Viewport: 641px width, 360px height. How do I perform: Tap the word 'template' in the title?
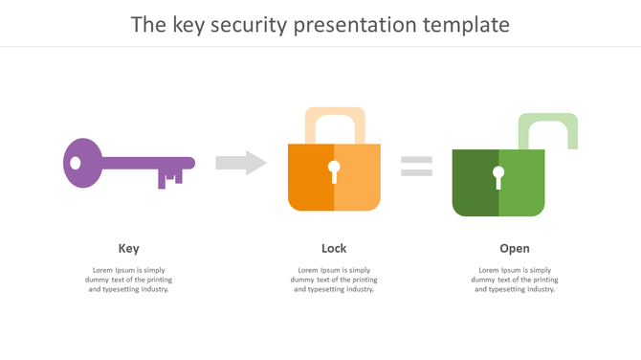click(464, 24)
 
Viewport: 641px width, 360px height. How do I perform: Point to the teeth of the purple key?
click(170, 178)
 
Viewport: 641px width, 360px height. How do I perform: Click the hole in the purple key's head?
click(76, 164)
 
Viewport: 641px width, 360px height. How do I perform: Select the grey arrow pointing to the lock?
click(241, 163)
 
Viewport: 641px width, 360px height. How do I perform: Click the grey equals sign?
click(416, 166)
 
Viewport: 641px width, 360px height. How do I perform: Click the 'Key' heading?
click(128, 248)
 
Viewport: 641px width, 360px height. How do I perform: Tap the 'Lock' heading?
click(334, 248)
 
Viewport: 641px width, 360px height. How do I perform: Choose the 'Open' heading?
click(514, 248)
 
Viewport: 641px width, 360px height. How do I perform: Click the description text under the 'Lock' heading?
click(334, 280)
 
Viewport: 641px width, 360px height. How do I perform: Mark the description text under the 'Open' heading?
click(514, 280)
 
